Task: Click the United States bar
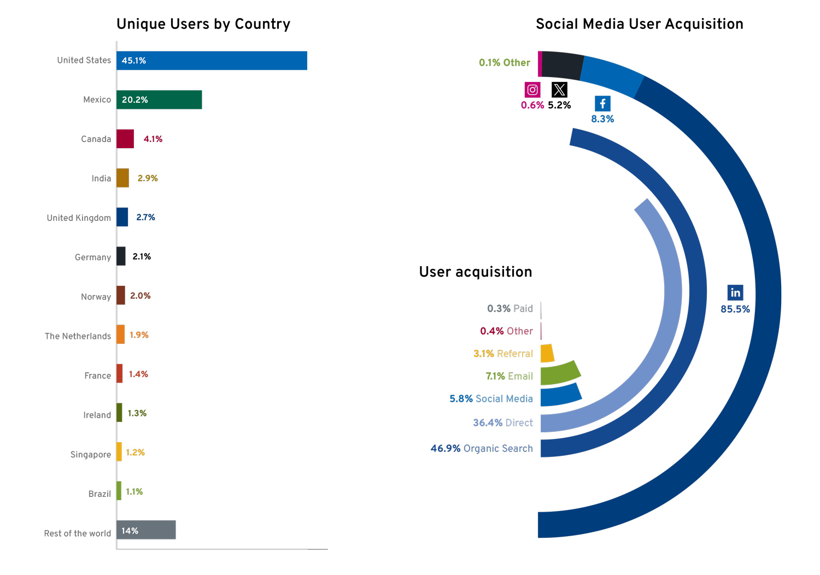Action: [212, 61]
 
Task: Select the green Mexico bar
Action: [159, 100]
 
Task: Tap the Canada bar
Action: [125, 139]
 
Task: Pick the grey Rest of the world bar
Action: [146, 530]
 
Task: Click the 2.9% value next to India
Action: [148, 178]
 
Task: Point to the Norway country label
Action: [96, 297]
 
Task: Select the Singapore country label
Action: [91, 454]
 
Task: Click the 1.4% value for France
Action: [138, 374]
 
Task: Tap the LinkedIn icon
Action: [735, 292]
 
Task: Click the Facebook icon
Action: [602, 104]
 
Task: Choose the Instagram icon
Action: [532, 90]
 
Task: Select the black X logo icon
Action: [559, 90]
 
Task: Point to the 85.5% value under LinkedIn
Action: [735, 309]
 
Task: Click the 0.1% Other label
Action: [505, 63]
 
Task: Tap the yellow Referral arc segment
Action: [547, 353]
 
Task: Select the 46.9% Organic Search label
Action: [482, 449]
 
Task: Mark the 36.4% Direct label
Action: [503, 423]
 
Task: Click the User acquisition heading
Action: [476, 272]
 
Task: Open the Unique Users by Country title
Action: [203, 24]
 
